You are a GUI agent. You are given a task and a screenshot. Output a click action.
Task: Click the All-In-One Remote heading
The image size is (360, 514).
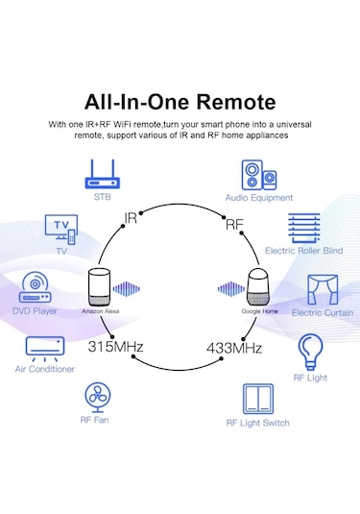click(180, 102)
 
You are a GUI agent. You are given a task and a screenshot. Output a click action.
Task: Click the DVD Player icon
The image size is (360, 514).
click(38, 287)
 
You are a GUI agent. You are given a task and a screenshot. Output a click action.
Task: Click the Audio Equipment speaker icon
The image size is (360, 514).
click(258, 175)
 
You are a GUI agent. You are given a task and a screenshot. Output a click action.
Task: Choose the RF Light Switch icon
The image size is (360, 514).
click(257, 398)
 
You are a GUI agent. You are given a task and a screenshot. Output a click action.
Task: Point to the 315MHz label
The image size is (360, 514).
click(117, 345)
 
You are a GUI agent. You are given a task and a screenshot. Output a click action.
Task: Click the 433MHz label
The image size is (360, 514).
click(234, 346)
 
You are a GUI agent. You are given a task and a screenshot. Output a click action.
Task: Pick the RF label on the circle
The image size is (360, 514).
click(234, 227)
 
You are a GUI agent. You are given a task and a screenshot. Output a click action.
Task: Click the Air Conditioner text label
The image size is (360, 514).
click(45, 371)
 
